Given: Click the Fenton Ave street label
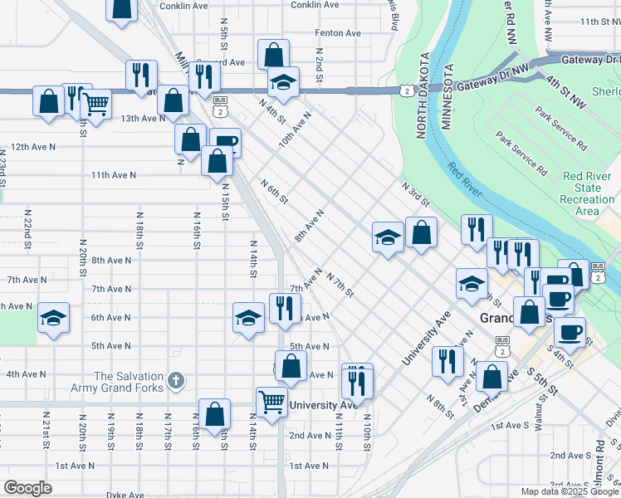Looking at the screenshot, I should point(338,33).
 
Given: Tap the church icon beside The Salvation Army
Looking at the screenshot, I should point(175,381).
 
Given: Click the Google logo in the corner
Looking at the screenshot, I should point(28,488).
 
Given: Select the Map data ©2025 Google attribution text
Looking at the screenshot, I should point(569,491).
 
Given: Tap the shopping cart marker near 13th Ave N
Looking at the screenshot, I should point(96,105).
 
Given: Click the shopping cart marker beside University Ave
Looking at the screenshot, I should point(271,403).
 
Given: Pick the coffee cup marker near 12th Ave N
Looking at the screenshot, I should point(225,143).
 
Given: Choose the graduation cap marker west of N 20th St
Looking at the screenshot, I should point(54,318).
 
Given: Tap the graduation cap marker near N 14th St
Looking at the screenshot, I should point(247,317).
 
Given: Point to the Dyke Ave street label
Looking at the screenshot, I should point(125,495).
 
